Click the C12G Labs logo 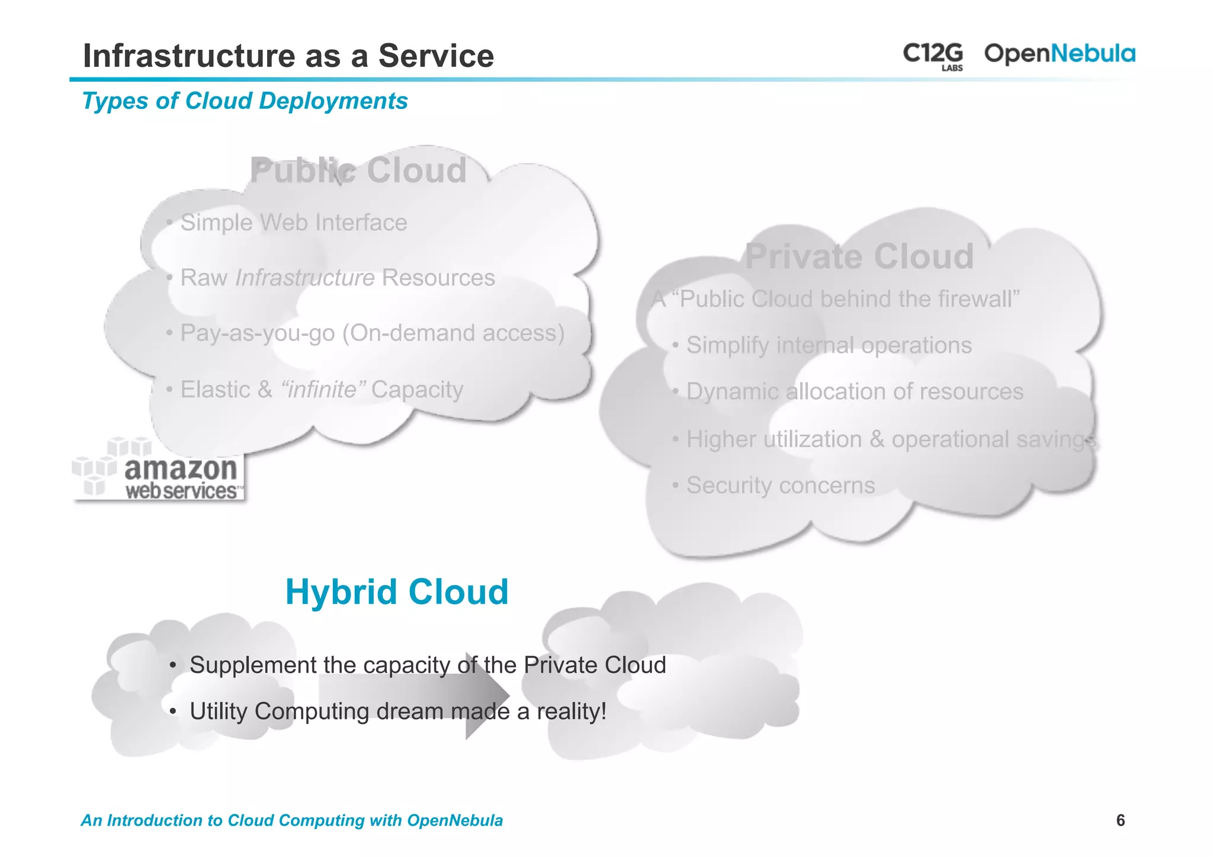[933, 55]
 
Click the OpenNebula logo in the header [1059, 54]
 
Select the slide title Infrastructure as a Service [288, 56]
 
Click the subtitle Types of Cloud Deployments [245, 101]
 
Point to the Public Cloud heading [358, 171]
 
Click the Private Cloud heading [859, 256]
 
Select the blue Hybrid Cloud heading [397, 592]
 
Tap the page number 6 [1120, 820]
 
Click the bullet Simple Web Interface [293, 223]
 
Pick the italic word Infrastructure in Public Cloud [304, 278]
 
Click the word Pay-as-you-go [258, 333]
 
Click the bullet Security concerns [780, 486]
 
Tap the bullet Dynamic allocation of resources [854, 391]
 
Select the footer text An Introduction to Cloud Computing [291, 820]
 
